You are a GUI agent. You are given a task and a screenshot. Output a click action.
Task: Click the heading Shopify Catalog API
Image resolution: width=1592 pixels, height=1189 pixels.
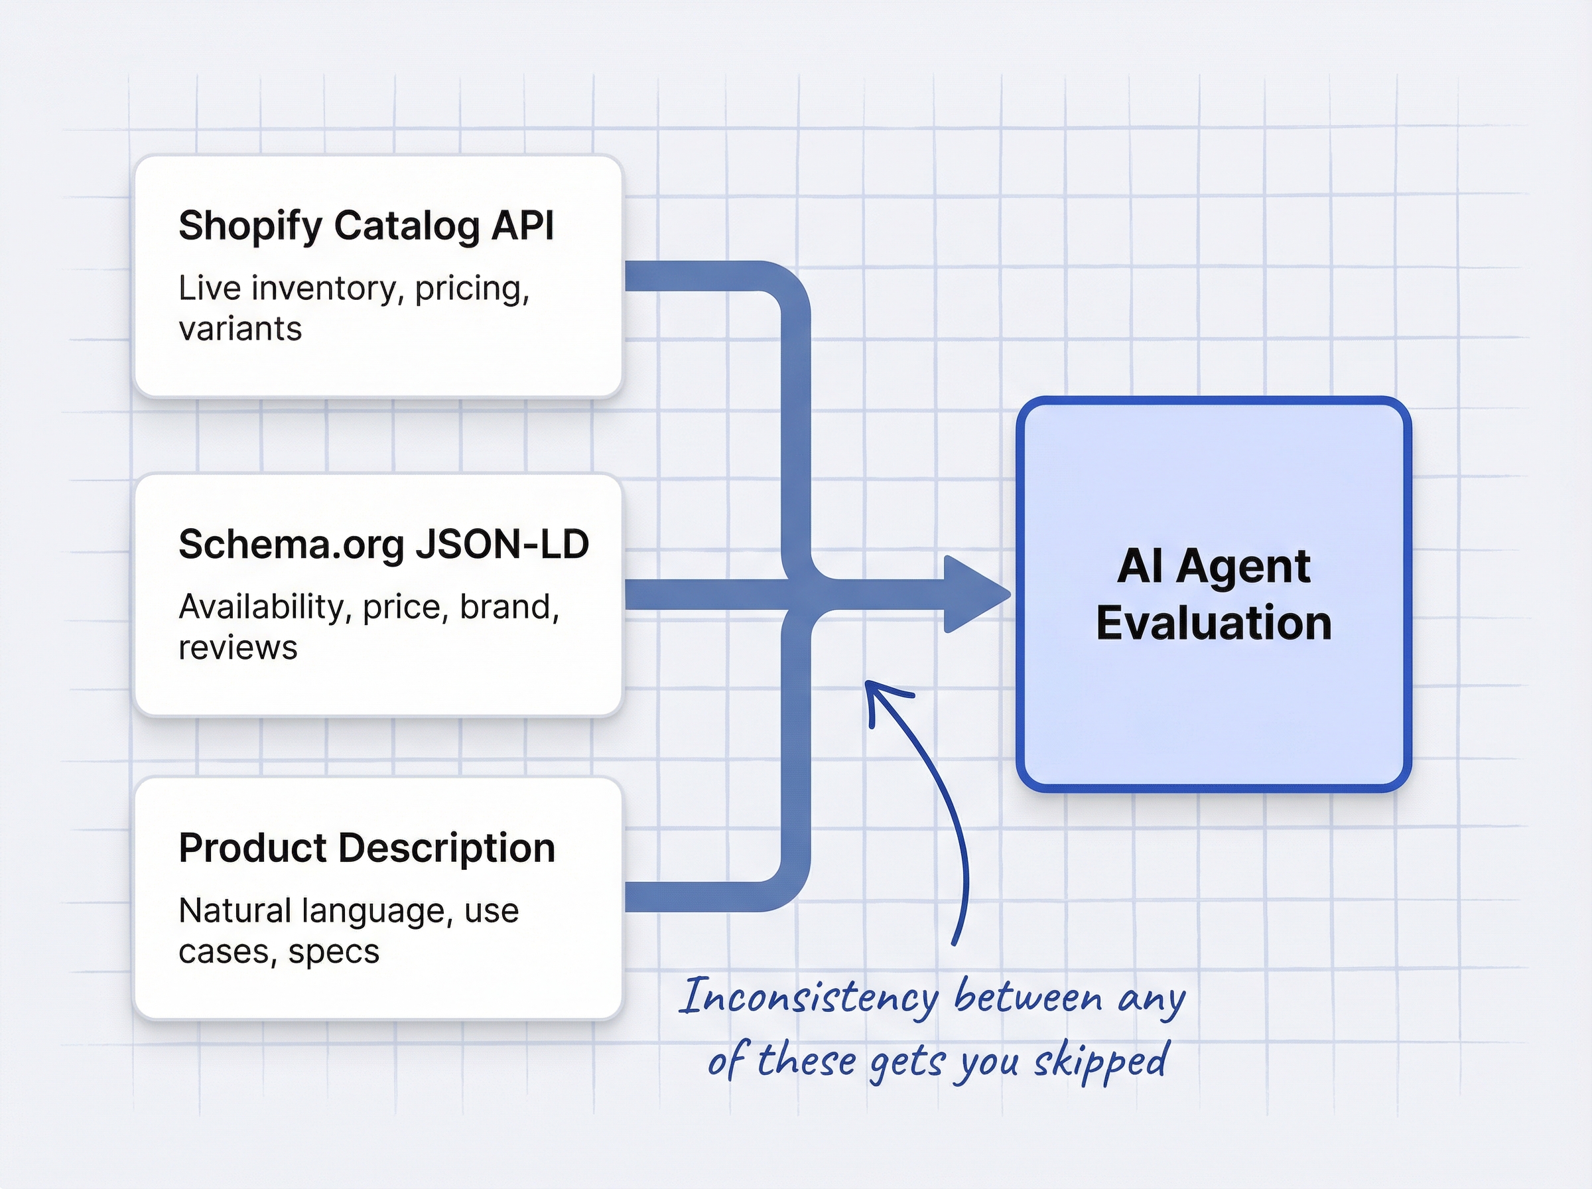(366, 226)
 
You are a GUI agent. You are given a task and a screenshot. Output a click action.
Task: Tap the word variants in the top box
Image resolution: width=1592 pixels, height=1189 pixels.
(240, 329)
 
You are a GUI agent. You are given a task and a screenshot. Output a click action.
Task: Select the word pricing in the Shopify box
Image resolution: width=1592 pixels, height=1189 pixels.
(472, 288)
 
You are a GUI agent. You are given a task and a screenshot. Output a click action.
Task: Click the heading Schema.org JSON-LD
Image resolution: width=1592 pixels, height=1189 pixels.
(383, 544)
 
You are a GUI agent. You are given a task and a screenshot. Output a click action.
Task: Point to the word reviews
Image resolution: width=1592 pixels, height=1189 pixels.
(237, 648)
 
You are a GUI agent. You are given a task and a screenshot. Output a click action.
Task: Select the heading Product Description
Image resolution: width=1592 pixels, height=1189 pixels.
(367, 848)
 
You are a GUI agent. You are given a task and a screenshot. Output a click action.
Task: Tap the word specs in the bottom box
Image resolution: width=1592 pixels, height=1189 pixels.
(334, 951)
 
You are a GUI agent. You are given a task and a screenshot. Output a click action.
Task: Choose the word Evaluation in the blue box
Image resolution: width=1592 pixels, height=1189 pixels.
(1214, 622)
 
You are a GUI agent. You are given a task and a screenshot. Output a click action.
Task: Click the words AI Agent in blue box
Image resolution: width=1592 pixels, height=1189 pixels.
(1214, 566)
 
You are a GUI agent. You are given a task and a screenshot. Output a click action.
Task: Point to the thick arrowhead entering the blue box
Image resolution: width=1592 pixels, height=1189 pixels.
(976, 594)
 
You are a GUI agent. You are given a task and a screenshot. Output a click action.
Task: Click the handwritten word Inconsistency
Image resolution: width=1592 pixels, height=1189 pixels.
(809, 997)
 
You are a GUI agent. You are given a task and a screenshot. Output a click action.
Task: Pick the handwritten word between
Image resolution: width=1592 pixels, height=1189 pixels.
(1028, 997)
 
